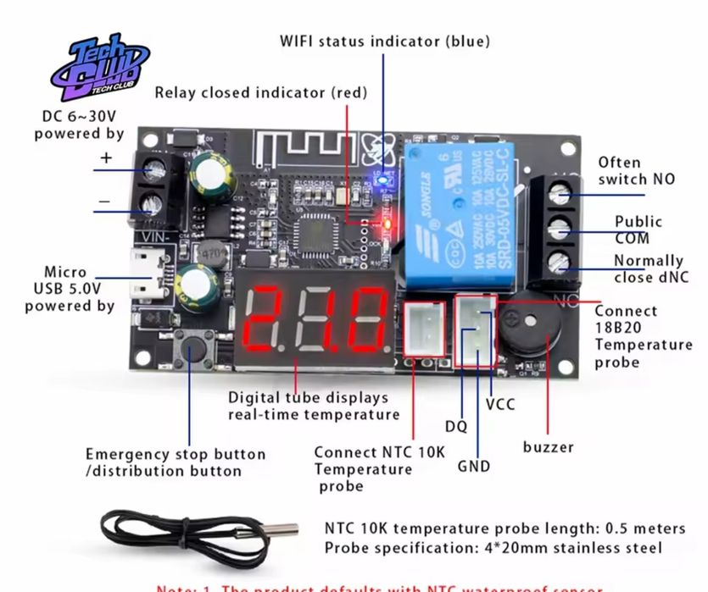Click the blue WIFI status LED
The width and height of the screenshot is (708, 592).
[381, 180]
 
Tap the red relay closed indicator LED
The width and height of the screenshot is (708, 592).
[386, 224]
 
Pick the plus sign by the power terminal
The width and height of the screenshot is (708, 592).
[106, 158]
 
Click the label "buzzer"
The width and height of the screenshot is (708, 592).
[548, 446]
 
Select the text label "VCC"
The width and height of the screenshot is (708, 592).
[500, 404]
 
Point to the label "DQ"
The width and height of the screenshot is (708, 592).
[456, 426]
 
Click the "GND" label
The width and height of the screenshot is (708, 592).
[473, 465]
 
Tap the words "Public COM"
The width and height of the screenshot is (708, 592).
[638, 230]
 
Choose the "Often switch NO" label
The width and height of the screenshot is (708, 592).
[637, 170]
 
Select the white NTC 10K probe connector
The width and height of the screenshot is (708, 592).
[425, 327]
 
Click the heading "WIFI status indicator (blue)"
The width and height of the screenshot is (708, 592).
[385, 41]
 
